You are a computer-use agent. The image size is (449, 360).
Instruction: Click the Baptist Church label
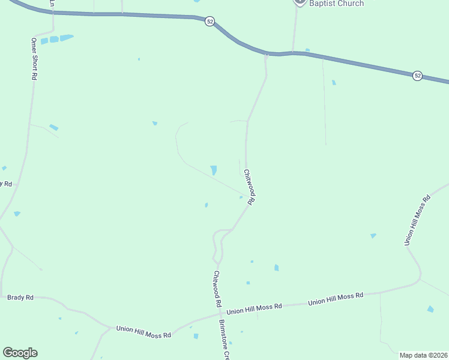(x=336, y=4)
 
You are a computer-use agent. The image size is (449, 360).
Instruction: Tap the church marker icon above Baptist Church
(x=300, y=2)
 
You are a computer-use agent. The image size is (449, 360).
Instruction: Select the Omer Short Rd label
(x=34, y=59)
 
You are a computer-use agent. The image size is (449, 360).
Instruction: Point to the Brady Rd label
(x=20, y=297)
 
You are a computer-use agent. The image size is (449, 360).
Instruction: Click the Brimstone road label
(x=223, y=340)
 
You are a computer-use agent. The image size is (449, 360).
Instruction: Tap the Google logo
(x=20, y=353)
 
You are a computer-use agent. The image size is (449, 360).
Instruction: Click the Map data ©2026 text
(x=423, y=355)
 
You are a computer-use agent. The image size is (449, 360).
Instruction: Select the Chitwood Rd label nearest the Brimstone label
(x=217, y=289)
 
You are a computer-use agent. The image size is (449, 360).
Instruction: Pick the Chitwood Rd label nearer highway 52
(x=250, y=187)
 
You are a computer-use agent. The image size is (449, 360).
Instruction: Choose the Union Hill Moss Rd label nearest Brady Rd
(x=143, y=331)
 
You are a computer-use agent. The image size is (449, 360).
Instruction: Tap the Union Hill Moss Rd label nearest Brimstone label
(x=255, y=308)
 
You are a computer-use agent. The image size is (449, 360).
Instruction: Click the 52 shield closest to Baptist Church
(x=209, y=21)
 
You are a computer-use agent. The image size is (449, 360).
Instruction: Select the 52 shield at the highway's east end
(x=417, y=76)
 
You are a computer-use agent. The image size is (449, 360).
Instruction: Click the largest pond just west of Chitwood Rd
(x=214, y=170)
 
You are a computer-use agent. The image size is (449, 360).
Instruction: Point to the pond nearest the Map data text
(x=430, y=309)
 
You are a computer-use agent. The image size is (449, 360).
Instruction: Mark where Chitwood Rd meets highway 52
(x=265, y=55)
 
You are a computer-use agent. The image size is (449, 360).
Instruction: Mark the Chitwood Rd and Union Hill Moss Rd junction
(x=220, y=313)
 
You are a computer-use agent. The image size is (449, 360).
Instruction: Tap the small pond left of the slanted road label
(x=373, y=236)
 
